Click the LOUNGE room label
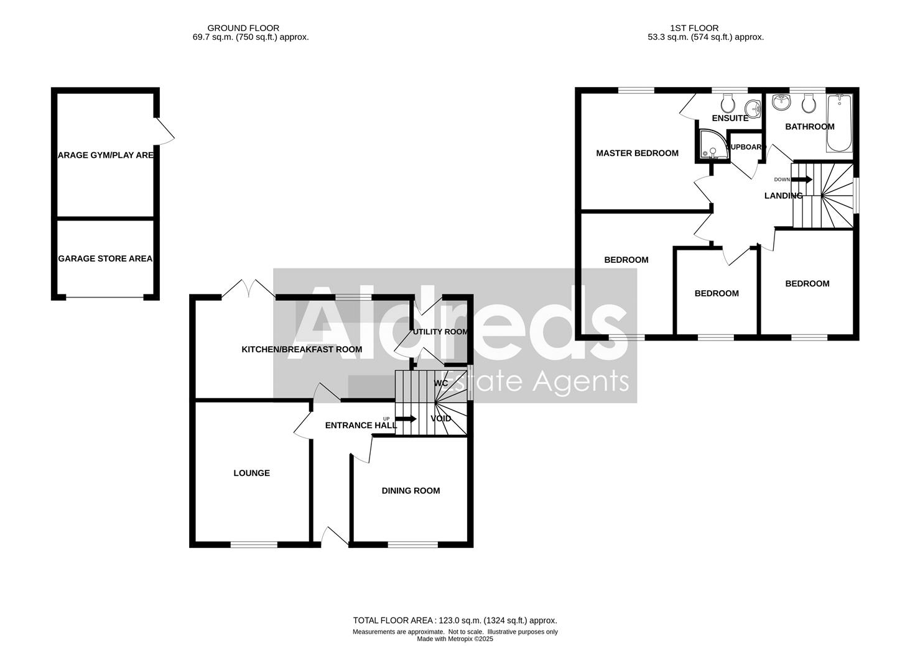click(x=251, y=473)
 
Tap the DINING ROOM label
click(x=411, y=490)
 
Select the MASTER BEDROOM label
click(x=637, y=153)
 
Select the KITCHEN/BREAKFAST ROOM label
click(x=302, y=349)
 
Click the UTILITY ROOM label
click(x=440, y=332)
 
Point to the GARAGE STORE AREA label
click(x=105, y=258)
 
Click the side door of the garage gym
click(x=164, y=131)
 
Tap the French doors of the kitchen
click(x=248, y=288)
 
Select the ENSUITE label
click(x=730, y=118)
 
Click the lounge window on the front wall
click(x=254, y=545)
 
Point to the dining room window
click(x=412, y=545)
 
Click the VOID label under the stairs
click(x=441, y=418)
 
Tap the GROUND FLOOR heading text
click(x=243, y=28)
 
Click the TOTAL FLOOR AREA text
click(x=455, y=620)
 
